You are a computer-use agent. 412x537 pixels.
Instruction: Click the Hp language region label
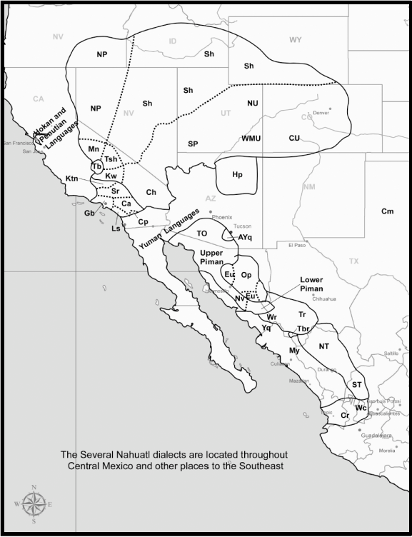(237, 174)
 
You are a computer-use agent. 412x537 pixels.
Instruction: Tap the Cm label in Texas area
(387, 211)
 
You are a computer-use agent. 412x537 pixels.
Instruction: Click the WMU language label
(251, 137)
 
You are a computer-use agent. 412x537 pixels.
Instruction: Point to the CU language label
(294, 137)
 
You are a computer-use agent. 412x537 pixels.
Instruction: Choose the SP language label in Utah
(193, 144)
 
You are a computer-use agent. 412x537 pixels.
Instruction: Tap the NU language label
(252, 104)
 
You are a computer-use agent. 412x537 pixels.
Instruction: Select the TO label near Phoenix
(202, 234)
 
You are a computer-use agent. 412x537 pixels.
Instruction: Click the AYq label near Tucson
(245, 236)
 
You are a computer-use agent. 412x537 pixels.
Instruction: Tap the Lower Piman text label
(311, 284)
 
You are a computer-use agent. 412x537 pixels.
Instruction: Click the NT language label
(324, 346)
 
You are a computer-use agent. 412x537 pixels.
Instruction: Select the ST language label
(357, 384)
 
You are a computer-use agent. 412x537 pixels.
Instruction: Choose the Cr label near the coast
(345, 415)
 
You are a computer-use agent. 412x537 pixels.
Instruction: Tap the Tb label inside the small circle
(97, 166)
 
